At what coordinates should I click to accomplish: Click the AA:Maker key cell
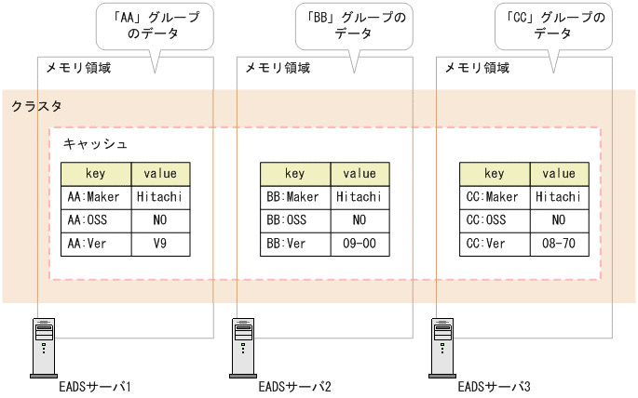pos(95,197)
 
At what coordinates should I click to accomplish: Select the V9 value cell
pos(160,245)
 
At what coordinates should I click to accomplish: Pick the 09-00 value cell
pos(360,245)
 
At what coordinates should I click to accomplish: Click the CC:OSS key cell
pos(495,220)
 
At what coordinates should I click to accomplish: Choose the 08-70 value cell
pos(559,245)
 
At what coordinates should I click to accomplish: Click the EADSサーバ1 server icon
pos(43,346)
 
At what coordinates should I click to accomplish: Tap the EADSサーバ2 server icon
pos(243,346)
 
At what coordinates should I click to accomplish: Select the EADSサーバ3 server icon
pos(443,346)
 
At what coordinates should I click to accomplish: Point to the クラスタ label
pos(36,108)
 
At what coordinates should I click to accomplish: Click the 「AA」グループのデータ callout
pos(155,25)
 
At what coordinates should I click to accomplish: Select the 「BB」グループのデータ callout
pos(355,25)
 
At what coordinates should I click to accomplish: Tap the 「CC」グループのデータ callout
pos(554,25)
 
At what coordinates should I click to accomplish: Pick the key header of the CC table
pos(495,173)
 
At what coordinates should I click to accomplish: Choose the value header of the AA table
pos(160,173)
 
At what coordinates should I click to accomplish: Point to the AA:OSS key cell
pos(95,220)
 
